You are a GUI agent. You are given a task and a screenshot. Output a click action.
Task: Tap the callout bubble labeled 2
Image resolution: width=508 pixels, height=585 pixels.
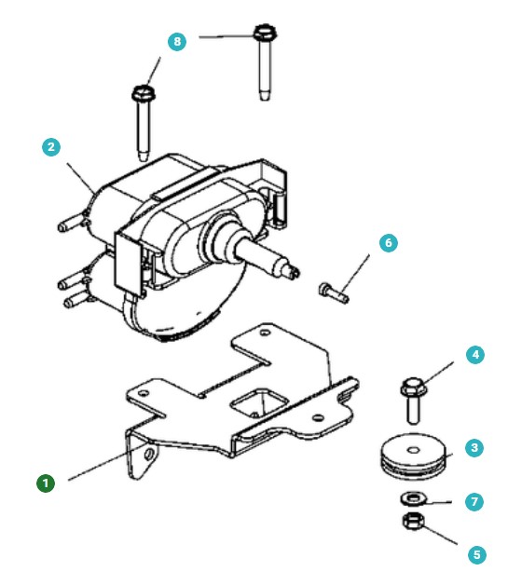coord(51,147)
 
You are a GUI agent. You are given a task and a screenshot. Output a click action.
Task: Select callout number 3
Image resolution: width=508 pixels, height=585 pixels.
coord(474,448)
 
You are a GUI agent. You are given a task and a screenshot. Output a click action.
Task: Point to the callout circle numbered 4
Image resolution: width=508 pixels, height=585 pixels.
coord(474,355)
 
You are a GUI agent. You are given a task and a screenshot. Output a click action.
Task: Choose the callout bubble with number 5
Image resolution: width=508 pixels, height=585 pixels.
coord(476,554)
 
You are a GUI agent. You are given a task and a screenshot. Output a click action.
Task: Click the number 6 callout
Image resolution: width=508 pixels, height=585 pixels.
coord(388,243)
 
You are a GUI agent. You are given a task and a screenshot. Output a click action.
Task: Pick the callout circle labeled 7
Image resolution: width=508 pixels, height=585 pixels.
coord(474,502)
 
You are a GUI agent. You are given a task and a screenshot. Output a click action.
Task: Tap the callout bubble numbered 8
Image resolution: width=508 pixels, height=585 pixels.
coord(177,42)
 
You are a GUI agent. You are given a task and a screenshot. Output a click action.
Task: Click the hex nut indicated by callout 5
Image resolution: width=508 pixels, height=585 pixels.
coord(413,523)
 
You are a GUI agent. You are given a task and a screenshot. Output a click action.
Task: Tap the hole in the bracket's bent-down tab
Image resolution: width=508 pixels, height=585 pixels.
coord(147,455)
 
